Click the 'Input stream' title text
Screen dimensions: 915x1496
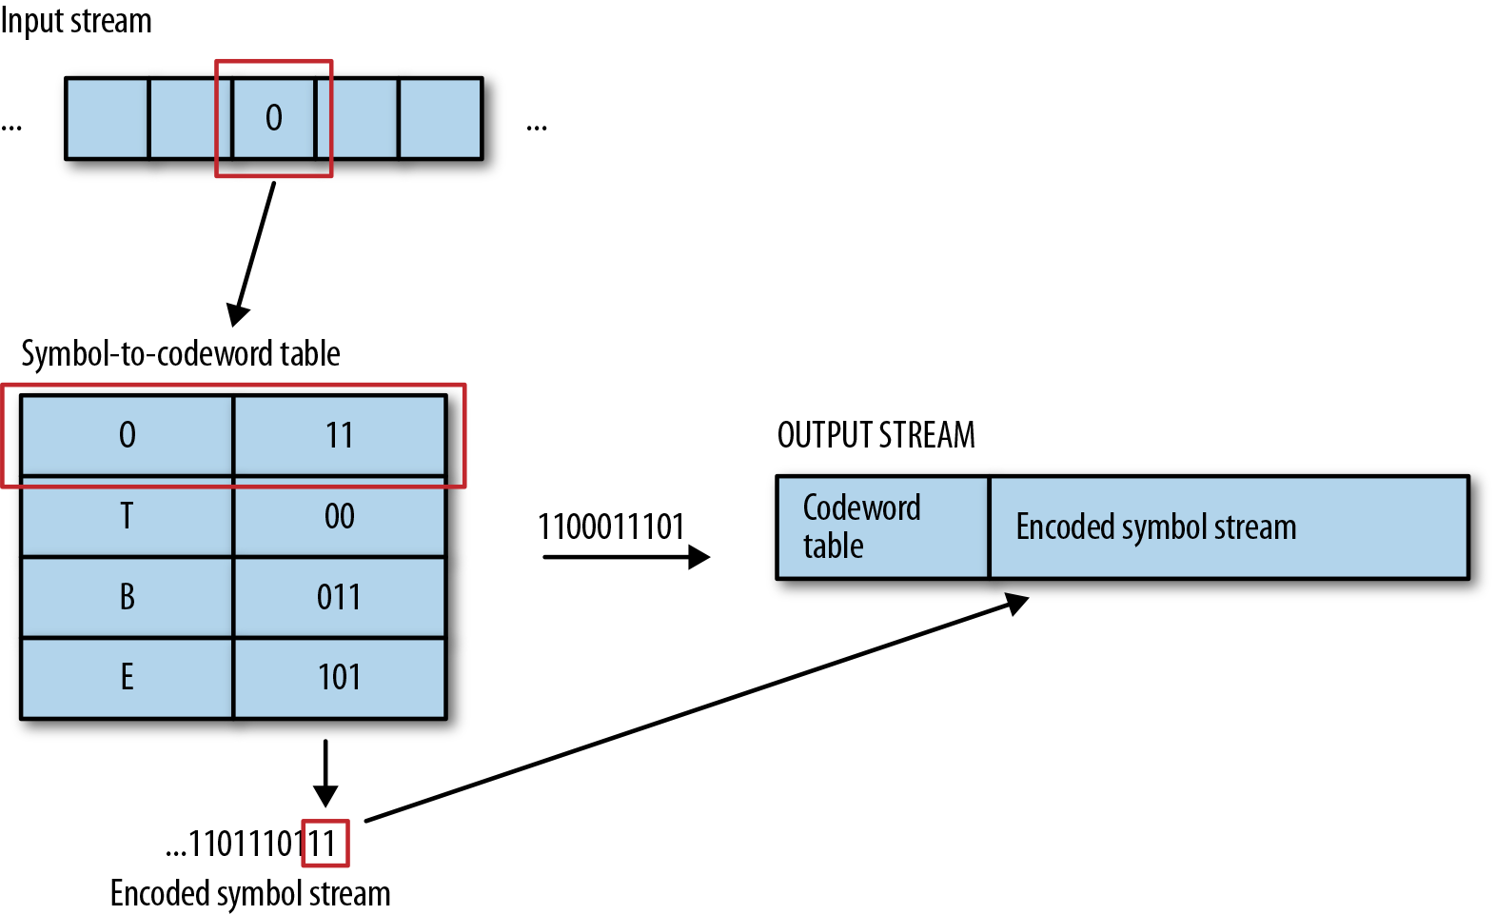point(76,20)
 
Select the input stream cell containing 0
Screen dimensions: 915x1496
point(274,118)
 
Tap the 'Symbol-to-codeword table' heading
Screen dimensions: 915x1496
point(180,353)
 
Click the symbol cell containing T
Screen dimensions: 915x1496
point(127,516)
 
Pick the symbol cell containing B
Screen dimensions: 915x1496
point(127,597)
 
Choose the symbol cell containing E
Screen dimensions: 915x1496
point(127,677)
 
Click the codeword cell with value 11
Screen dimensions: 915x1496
point(339,435)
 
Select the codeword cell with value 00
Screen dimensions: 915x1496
point(339,516)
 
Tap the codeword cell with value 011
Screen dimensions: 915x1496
point(339,597)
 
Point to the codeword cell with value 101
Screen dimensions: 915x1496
point(339,677)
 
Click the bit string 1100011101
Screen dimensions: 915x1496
point(611,526)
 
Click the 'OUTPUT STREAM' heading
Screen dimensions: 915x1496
point(876,435)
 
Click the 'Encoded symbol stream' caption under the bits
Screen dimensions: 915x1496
point(250,893)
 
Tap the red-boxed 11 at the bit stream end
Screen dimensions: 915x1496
point(325,844)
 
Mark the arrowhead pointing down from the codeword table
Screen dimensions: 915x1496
point(325,794)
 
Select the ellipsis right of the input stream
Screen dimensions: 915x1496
point(537,127)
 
